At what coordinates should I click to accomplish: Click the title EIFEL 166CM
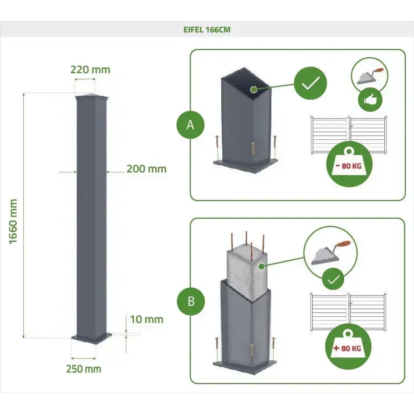tap(207, 30)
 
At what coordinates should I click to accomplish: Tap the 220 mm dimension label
tap(90, 70)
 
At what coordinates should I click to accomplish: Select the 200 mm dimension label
tap(146, 169)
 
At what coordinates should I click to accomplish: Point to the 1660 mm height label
tap(13, 221)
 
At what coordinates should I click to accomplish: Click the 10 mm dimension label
tap(147, 319)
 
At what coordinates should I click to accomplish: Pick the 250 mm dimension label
tap(84, 369)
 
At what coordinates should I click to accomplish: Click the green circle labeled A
tap(190, 125)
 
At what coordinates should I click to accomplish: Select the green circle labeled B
tap(191, 301)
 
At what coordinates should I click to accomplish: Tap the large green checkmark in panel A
tap(310, 83)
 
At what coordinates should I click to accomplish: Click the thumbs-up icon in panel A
tap(370, 100)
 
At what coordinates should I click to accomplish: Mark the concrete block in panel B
tap(246, 270)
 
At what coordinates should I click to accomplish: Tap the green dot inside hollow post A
tap(254, 89)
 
